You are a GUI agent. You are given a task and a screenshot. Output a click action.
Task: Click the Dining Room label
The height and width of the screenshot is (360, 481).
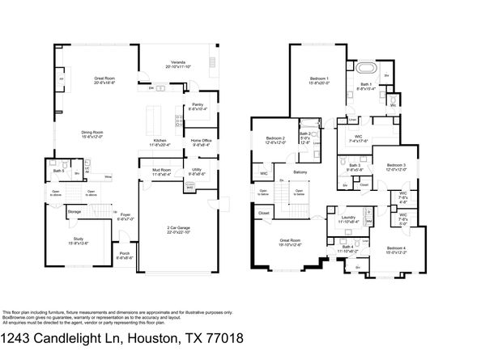coord(96,133)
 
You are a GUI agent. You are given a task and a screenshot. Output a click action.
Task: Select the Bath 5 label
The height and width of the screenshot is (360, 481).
coord(58,171)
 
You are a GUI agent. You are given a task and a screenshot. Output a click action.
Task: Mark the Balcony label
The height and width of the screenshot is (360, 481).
coord(300,172)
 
